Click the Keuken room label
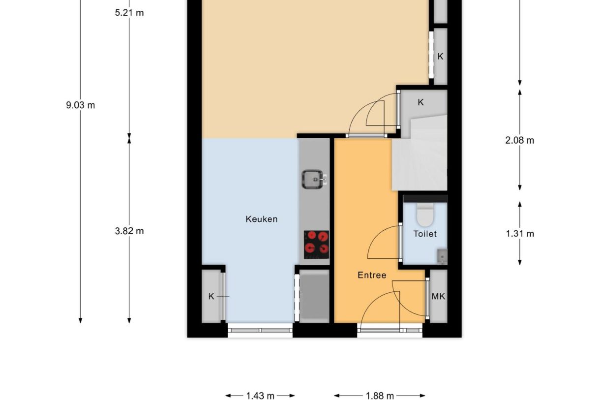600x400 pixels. pyautogui.click(x=261, y=219)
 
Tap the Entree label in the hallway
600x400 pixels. pyautogui.click(x=371, y=276)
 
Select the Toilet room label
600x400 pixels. pyautogui.click(x=424, y=234)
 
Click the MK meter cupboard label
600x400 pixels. pyautogui.click(x=438, y=296)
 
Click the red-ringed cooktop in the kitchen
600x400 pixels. pyautogui.click(x=316, y=244)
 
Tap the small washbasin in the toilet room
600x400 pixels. pyautogui.click(x=442, y=256)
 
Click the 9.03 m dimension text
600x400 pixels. pyautogui.click(x=80, y=105)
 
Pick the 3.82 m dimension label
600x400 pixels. pyautogui.click(x=129, y=231)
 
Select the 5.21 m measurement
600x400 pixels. pyautogui.click(x=129, y=13)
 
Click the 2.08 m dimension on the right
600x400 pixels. pyautogui.click(x=519, y=140)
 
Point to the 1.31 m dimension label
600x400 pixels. pyautogui.click(x=519, y=234)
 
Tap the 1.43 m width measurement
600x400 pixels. pyautogui.click(x=260, y=396)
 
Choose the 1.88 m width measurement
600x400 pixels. pyautogui.click(x=379, y=396)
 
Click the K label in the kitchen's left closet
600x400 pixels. pyautogui.click(x=211, y=296)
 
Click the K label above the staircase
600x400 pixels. pyautogui.click(x=420, y=102)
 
